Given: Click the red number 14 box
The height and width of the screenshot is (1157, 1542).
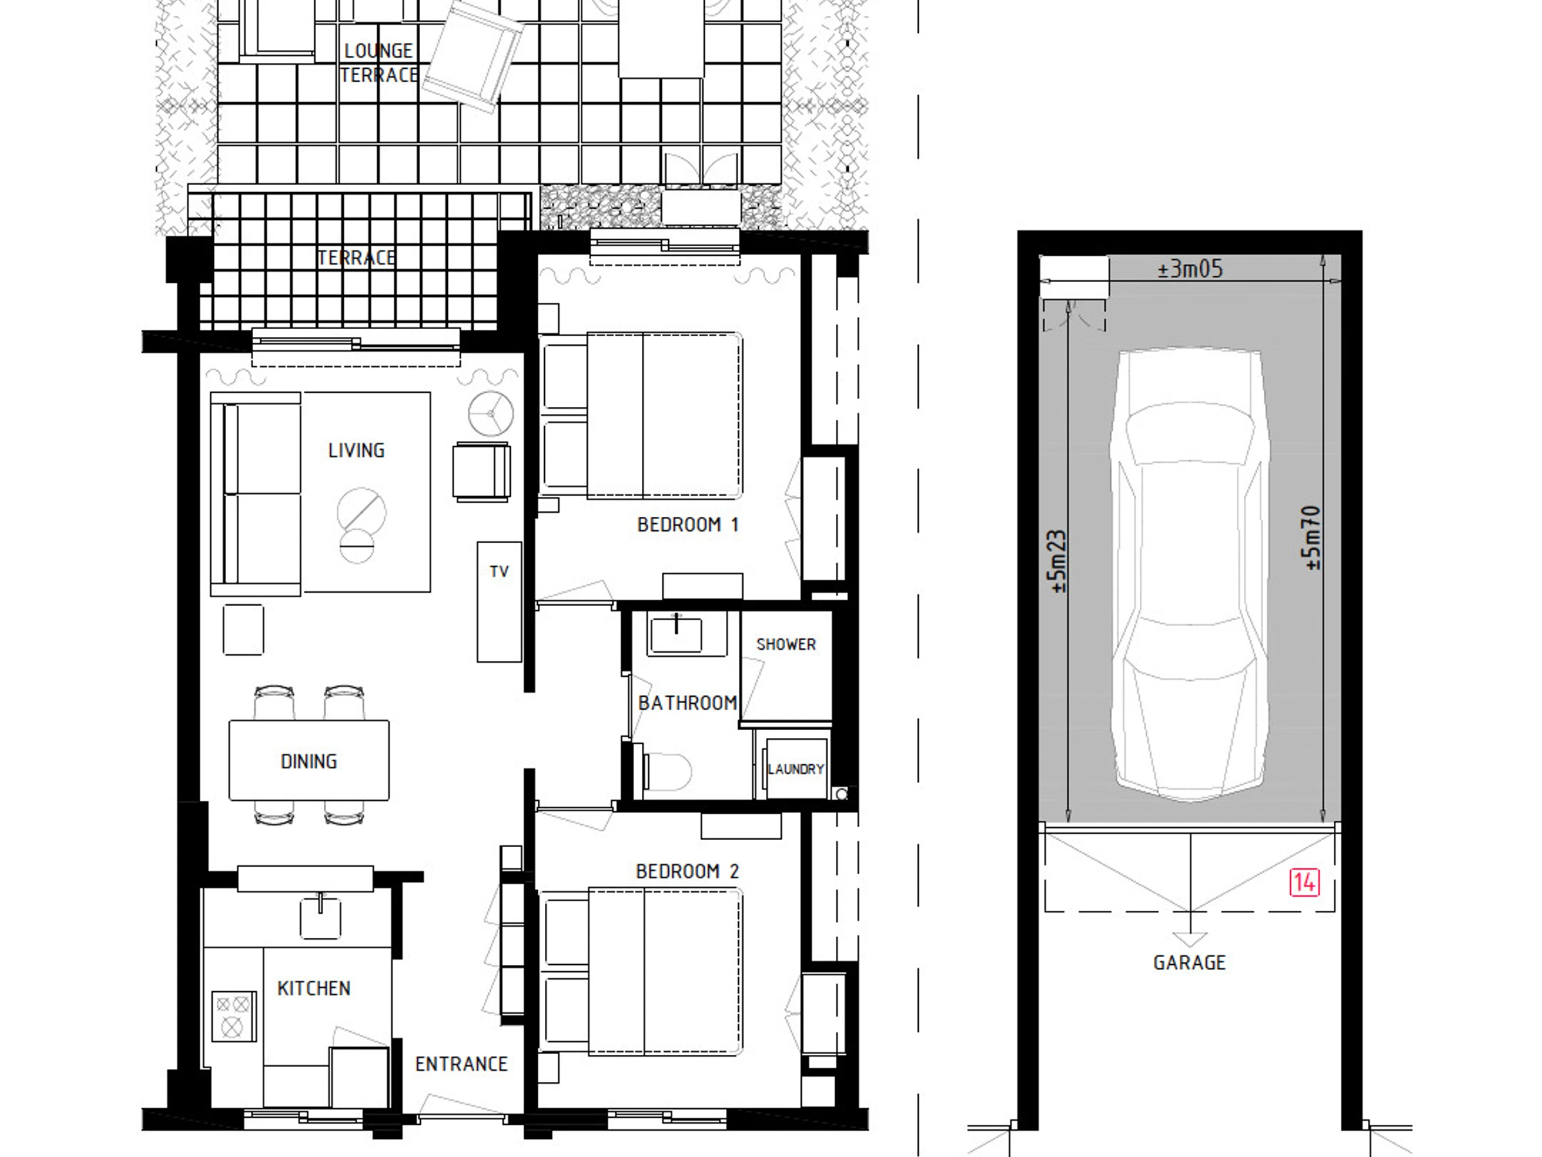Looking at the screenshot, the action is [x=1304, y=883].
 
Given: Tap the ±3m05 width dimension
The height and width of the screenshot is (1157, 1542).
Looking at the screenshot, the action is [x=1190, y=269].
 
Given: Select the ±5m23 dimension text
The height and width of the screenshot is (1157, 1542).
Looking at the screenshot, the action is [x=1058, y=562].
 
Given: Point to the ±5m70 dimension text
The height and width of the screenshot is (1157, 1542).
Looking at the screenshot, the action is [x=1312, y=538].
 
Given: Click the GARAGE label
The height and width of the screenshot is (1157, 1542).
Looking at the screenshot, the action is [x=1189, y=963].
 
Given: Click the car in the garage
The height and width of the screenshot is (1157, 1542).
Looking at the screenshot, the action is [x=1189, y=575].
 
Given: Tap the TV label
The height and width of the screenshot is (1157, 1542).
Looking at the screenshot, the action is [x=499, y=572].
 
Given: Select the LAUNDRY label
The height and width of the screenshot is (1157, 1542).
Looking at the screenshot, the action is [x=795, y=769].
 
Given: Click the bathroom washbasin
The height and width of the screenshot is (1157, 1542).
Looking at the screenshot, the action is [x=675, y=633].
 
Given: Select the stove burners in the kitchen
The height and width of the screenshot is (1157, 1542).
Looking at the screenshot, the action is [x=233, y=1016].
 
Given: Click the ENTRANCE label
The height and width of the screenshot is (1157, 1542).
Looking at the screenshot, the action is [x=461, y=1064].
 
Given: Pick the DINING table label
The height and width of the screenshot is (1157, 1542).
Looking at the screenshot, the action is [x=309, y=762].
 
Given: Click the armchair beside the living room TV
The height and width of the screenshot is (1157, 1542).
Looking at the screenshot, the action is [x=481, y=471].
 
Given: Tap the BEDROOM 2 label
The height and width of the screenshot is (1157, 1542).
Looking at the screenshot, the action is [x=687, y=871].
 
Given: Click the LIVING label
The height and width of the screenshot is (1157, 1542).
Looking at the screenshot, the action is [x=356, y=451].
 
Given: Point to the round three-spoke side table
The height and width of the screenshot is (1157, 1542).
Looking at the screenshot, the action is [x=491, y=413].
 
